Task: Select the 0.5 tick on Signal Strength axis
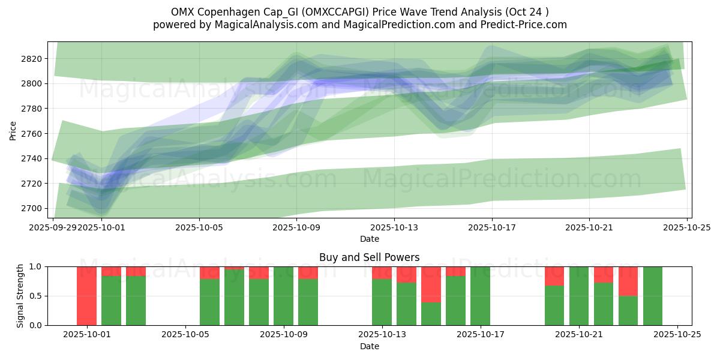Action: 36,296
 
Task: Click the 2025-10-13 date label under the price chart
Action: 394,227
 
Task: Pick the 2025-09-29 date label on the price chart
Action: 53,227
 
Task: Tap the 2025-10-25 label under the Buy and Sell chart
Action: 677,335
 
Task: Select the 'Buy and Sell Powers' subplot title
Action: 369,257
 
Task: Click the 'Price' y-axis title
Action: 13,130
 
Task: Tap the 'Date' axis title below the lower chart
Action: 369,346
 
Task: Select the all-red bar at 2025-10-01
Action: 86,296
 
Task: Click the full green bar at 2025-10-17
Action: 480,296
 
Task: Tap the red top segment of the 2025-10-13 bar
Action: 382,272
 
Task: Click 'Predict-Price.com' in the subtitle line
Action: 526,25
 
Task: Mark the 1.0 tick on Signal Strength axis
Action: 36,266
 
